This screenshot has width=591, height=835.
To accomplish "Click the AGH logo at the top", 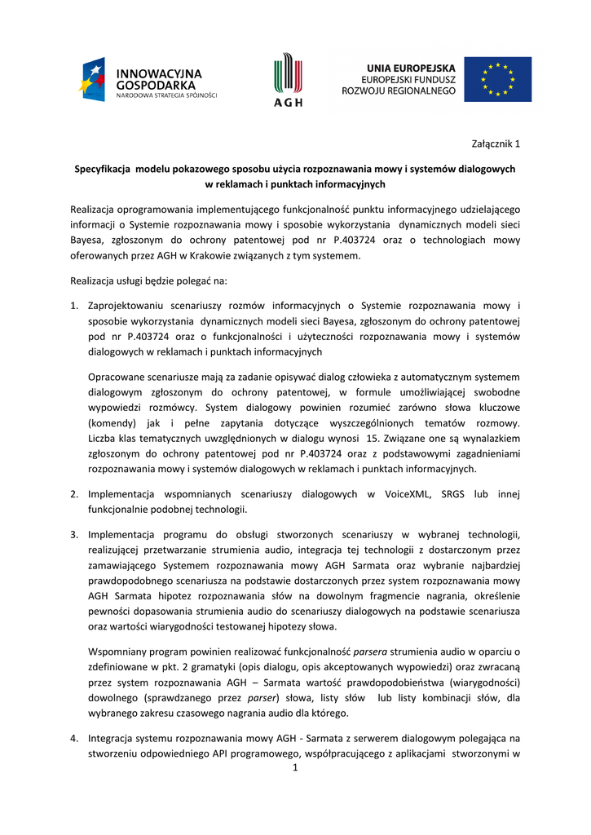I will coord(287,80).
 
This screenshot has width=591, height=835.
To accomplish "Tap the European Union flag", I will coord(497,79).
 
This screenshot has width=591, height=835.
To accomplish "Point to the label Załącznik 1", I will coord(496,144).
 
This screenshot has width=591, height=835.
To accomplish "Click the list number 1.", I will coord(73,306).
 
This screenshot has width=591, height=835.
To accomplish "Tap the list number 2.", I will coord(73,493).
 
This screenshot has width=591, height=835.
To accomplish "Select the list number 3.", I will coord(73,534).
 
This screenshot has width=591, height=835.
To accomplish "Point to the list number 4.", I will coord(73,738).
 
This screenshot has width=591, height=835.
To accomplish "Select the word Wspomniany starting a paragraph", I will coord(117,652).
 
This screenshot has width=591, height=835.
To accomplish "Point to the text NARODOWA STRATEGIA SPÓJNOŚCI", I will coord(167,95).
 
